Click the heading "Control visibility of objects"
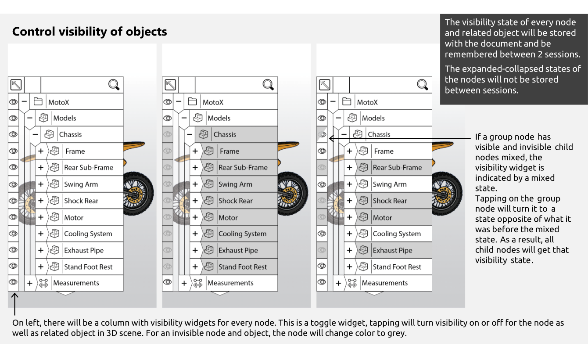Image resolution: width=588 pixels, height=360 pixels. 90,32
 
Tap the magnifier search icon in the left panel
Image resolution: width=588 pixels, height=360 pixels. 114,85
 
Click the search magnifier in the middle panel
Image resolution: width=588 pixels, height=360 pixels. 268,85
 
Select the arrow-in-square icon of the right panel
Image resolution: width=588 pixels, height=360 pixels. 325,85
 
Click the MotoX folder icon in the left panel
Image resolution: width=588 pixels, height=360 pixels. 38,101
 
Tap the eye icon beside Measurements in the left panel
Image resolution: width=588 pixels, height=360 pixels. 13,282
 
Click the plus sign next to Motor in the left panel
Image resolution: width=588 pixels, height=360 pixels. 41,217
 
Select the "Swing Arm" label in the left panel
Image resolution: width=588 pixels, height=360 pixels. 81,184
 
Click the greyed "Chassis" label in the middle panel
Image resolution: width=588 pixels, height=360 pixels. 225,134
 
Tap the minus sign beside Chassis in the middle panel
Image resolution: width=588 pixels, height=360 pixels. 190,134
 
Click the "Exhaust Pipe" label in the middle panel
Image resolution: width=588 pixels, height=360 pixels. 238,250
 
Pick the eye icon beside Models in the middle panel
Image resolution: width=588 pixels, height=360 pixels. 168,118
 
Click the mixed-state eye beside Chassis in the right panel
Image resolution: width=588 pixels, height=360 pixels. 322,134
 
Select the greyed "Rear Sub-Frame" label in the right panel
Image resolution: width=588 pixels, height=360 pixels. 397,168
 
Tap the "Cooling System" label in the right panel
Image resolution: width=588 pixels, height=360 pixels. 397,234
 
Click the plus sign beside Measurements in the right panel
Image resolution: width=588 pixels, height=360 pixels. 338,283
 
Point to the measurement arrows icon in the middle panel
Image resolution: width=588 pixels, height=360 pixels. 197,283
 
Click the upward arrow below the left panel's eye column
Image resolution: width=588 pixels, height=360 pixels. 15,304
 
